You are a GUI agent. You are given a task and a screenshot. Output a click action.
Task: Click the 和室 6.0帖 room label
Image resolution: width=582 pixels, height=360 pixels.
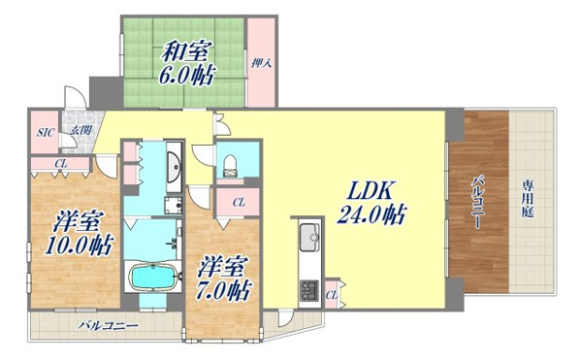(x=187, y=63)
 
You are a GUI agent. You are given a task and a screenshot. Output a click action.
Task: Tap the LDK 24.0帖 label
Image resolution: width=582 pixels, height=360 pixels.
(x=372, y=203)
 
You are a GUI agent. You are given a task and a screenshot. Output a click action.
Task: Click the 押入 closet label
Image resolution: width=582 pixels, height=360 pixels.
(x=262, y=63)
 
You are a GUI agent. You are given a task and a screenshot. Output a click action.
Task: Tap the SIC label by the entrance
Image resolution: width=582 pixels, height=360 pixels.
(x=46, y=133)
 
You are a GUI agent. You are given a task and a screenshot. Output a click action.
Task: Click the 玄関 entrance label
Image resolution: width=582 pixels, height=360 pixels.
(x=81, y=129)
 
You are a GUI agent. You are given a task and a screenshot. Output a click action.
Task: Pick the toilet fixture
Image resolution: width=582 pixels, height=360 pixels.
(x=230, y=166)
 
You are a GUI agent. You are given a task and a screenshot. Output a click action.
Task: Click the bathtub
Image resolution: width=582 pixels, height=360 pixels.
(x=152, y=278)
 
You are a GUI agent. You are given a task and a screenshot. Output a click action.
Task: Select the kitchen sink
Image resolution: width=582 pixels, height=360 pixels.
(x=309, y=238)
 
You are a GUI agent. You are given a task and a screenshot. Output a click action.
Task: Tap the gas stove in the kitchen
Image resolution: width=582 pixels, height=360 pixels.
(x=309, y=290)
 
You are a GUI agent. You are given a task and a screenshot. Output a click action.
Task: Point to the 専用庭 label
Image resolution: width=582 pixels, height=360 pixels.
(x=528, y=200)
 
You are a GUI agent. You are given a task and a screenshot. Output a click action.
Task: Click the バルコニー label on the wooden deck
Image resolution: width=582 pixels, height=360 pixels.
(x=476, y=203)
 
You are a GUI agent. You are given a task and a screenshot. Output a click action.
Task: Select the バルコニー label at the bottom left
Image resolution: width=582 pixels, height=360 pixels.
(x=108, y=326)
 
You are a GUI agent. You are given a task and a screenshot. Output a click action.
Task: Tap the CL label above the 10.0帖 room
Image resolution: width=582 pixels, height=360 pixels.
(x=61, y=163)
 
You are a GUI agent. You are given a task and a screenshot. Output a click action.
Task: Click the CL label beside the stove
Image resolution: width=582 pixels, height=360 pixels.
(x=332, y=295)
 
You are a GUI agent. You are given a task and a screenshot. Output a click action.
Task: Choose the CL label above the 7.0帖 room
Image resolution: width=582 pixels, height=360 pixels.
(x=239, y=203)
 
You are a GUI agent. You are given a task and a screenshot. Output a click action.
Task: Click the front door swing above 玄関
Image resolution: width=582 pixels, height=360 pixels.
(x=76, y=97)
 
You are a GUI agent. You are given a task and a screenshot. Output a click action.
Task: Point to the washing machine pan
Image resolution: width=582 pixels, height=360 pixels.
(x=174, y=206)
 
